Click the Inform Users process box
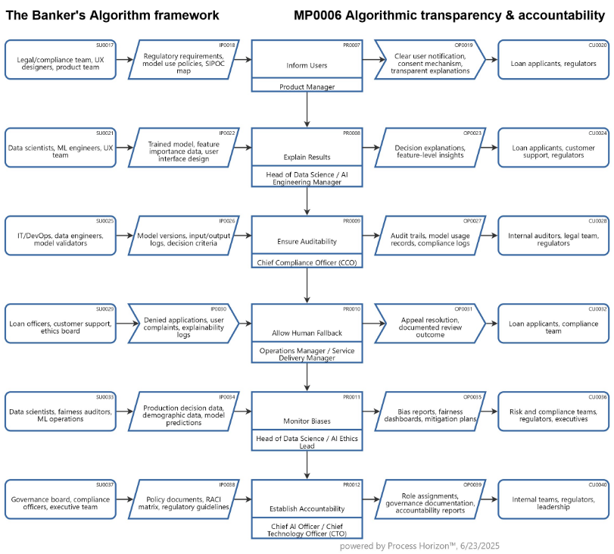307,61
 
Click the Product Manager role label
307,86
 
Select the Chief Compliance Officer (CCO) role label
307,262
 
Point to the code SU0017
104,45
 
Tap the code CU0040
597,484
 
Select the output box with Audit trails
429,236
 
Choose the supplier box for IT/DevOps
61,236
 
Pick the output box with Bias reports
429,413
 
